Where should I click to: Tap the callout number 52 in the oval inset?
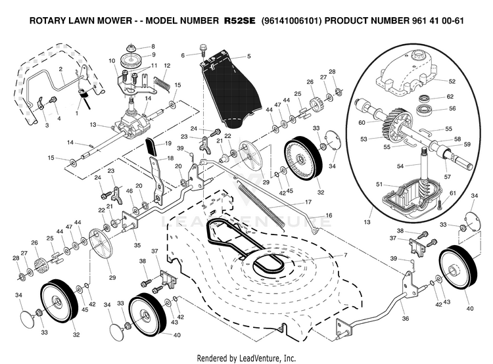pos(452,81)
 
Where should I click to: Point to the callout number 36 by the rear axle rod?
pos(405,319)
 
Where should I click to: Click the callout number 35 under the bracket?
pos(137,244)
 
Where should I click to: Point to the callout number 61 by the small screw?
pos(452,193)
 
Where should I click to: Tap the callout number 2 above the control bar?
pos(60,69)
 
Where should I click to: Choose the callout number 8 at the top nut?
pos(153,47)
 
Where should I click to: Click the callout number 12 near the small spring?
pos(167,66)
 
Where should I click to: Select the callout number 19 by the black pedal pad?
pos(168,143)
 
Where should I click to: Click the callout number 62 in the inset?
pos(450,97)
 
